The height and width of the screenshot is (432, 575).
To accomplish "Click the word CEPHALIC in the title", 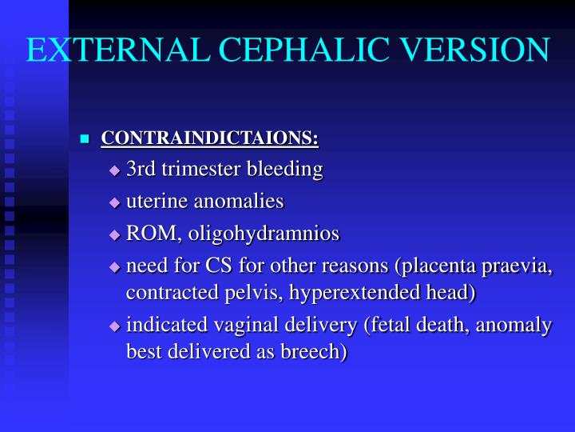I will click(300, 50).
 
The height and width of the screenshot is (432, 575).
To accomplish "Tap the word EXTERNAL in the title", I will click(111, 50).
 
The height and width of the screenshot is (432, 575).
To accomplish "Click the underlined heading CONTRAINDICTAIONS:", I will click(210, 138).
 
